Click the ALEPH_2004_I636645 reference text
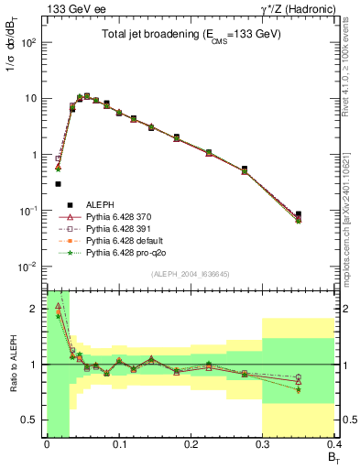click(191, 275)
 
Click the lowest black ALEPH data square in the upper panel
click(324, 214)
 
